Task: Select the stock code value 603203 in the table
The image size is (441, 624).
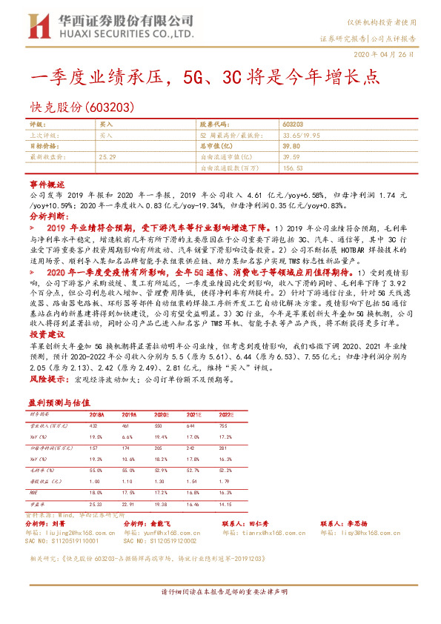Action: point(293,125)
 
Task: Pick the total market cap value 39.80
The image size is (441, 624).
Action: point(291,147)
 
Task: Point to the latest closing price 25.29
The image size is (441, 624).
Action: point(107,157)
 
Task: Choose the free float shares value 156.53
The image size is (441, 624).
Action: point(293,168)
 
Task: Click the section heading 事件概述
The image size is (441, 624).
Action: point(47,182)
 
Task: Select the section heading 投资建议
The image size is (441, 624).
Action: point(47,334)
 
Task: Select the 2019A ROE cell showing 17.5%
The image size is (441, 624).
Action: point(128,491)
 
